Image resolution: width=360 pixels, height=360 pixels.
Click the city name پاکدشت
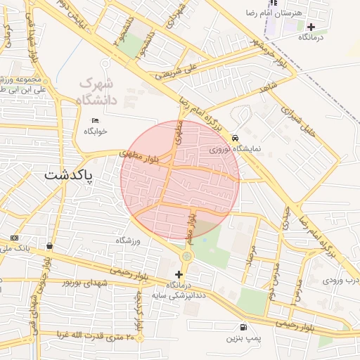click(73, 175)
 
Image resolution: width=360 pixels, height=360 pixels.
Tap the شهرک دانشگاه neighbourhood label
click(106, 91)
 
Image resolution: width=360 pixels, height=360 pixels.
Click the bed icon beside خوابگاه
click(96, 120)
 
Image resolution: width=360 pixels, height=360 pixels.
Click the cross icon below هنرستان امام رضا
click(311, 27)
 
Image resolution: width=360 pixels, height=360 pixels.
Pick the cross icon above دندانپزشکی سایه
click(179, 274)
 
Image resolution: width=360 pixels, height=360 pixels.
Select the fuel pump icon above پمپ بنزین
click(243, 327)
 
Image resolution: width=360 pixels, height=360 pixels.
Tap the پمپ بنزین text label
click(243, 338)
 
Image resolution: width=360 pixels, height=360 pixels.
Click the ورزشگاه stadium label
click(129, 241)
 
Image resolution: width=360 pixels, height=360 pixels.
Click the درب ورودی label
click(340, 280)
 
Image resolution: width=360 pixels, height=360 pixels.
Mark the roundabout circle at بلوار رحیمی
click(186, 257)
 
